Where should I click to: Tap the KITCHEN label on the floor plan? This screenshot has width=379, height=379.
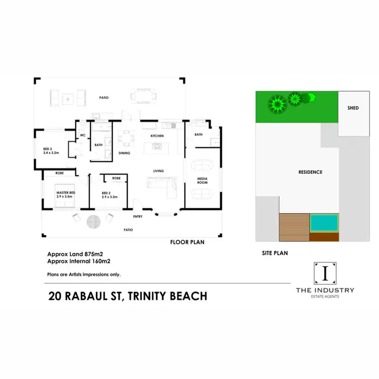pyautogui.click(x=157, y=136)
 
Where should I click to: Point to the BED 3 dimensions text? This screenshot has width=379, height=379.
pyautogui.click(x=51, y=152)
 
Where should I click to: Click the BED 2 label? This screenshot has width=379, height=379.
pyautogui.click(x=106, y=193)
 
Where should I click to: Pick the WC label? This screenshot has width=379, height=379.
pyautogui.click(x=82, y=135)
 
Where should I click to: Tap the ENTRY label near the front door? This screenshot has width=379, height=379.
pyautogui.click(x=138, y=217)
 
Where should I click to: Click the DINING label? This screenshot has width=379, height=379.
pyautogui.click(x=124, y=153)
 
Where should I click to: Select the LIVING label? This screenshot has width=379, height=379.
pyautogui.click(x=159, y=171)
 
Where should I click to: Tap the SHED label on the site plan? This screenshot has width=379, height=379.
pyautogui.click(x=353, y=108)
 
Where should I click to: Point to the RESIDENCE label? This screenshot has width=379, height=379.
pyautogui.click(x=310, y=172)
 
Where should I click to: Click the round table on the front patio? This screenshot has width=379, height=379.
pyautogui.click(x=93, y=221)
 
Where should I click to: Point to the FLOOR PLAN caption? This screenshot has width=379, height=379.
pyautogui.click(x=187, y=243)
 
